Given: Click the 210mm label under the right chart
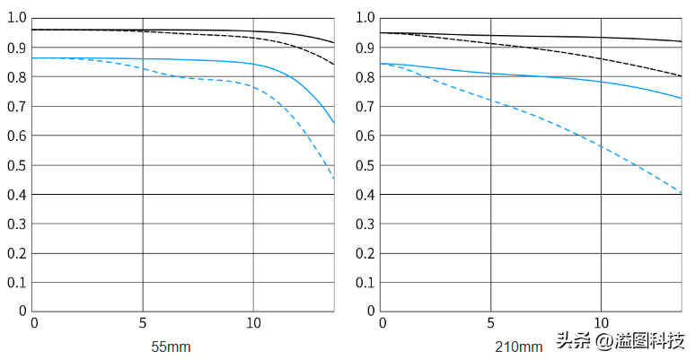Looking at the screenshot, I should click(x=519, y=347).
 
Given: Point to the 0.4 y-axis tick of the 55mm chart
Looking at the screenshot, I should click(x=17, y=195).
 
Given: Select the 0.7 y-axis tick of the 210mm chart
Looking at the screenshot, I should click(x=365, y=107).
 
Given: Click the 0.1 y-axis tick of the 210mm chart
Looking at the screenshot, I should click(x=365, y=283).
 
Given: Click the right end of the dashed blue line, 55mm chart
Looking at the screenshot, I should click(x=334, y=180).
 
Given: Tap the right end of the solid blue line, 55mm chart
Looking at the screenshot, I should click(x=334, y=123).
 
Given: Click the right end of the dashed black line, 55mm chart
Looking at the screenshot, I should click(x=334, y=65).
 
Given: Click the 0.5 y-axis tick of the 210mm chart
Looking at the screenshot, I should click(x=365, y=165).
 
